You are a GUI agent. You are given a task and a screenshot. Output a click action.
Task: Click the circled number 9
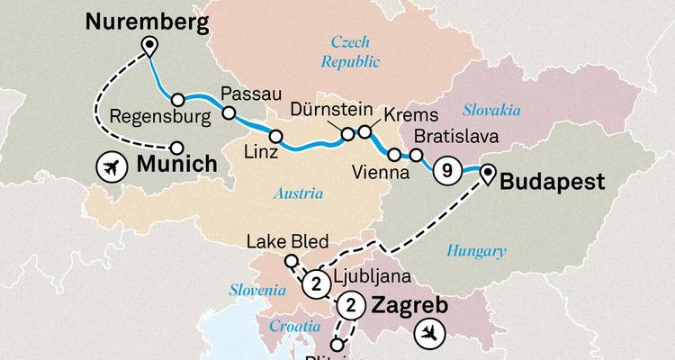click(445, 169)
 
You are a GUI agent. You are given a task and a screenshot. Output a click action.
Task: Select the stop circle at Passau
click(228, 113)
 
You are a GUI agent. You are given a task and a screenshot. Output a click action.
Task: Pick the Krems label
click(410, 116)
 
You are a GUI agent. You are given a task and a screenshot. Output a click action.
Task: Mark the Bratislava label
click(454, 139)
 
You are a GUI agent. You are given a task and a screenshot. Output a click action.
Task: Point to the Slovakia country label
click(491, 110)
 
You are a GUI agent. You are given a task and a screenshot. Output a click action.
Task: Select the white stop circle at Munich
click(177, 148)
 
